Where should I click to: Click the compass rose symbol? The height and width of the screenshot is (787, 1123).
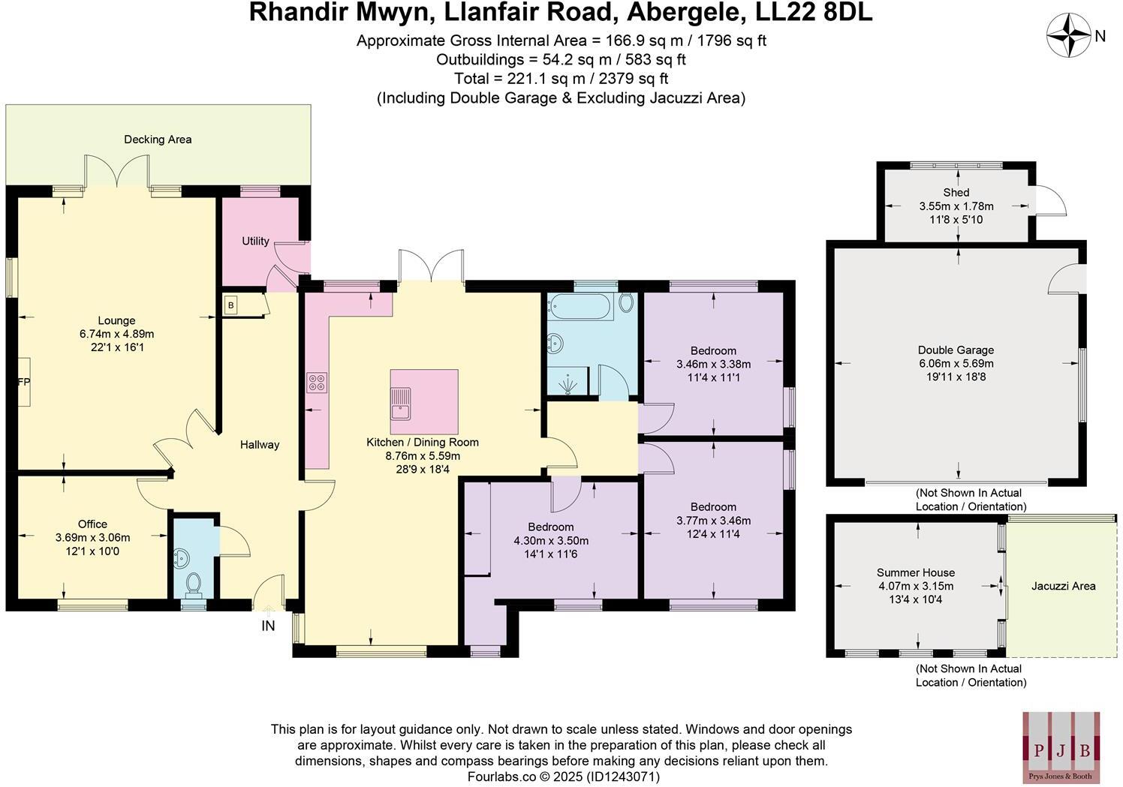tap(1068, 35)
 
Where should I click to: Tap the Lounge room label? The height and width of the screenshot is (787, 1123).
tap(116, 320)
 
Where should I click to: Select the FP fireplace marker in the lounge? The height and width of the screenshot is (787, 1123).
tap(23, 382)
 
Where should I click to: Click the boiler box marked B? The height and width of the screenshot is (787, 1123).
tap(231, 305)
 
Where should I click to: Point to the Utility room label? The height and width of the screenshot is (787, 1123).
tap(255, 241)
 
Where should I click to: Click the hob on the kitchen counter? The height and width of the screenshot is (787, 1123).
tap(316, 383)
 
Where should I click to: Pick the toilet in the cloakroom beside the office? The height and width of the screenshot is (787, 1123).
tap(193, 583)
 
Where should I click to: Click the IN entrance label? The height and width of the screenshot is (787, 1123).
tap(268, 626)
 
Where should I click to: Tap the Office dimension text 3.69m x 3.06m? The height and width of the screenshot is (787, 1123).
tap(92, 537)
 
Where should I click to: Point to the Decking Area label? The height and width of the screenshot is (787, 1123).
tap(158, 139)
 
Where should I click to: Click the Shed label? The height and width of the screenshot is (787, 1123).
tap(956, 192)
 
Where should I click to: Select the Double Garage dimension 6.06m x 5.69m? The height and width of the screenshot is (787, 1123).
tap(956, 363)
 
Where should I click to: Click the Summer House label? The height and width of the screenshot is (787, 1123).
tap(916, 572)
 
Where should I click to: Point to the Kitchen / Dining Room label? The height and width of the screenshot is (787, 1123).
tap(422, 442)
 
